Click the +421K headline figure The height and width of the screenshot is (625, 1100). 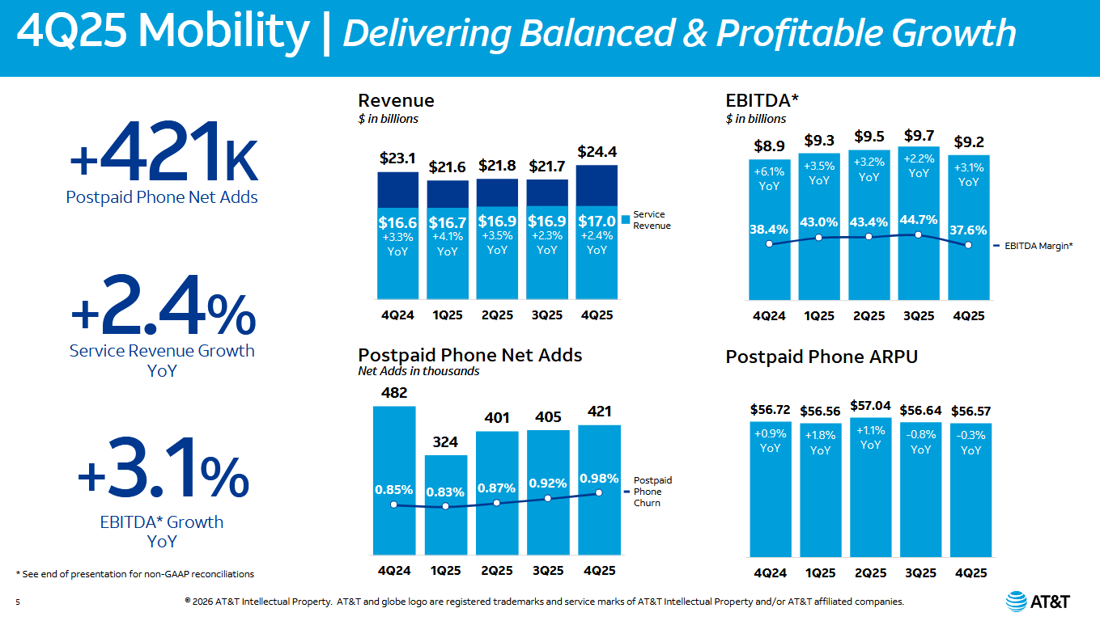click(x=163, y=154)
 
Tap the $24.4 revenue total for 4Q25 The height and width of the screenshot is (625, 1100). click(x=597, y=151)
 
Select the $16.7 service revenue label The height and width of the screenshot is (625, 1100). click(x=448, y=222)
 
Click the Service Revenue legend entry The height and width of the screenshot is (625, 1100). click(x=648, y=220)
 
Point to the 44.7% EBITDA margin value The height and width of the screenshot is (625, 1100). click(x=919, y=219)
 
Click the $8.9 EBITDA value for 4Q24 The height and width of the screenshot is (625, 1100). click(x=768, y=146)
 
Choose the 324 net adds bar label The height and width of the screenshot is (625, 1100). click(x=445, y=442)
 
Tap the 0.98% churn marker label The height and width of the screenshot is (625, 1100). click(x=599, y=478)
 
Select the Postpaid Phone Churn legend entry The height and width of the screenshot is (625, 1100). click(x=652, y=492)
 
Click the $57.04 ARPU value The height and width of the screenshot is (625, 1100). click(x=870, y=405)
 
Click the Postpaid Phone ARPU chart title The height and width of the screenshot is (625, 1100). click(x=822, y=357)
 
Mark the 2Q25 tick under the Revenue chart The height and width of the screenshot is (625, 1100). click(x=497, y=315)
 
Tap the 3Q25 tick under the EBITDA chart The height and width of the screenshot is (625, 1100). click(x=918, y=316)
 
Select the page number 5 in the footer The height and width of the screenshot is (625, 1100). click(x=17, y=602)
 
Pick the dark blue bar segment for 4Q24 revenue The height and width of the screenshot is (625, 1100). click(x=397, y=189)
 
